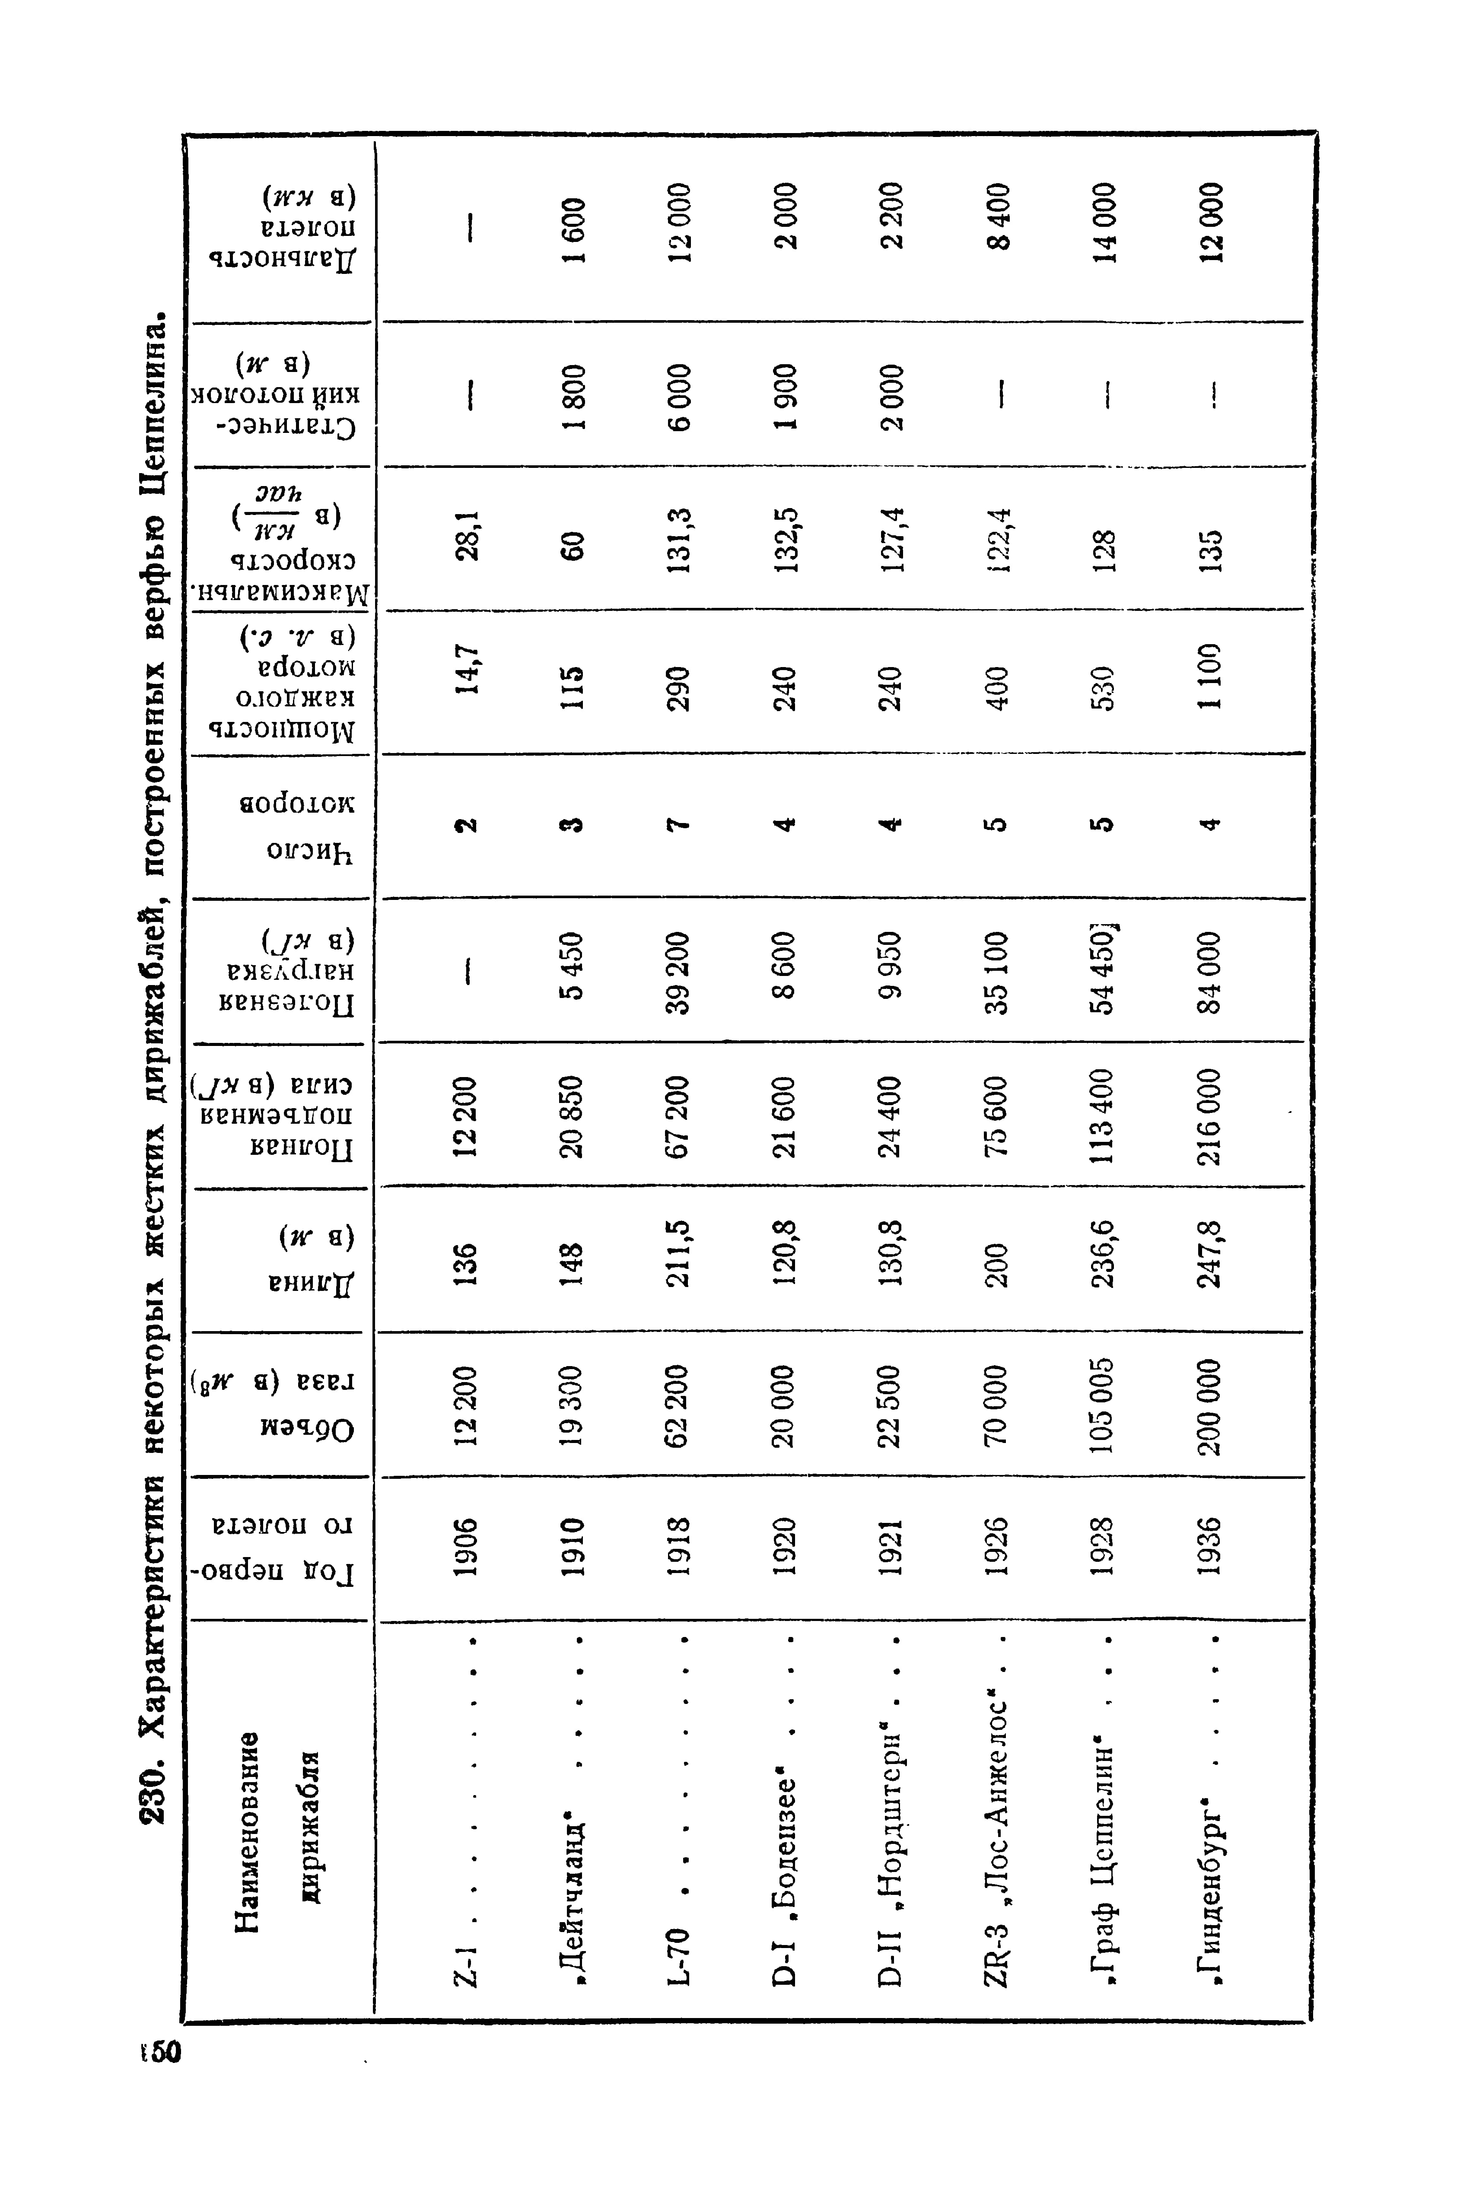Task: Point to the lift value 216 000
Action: (x=1212, y=1115)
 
